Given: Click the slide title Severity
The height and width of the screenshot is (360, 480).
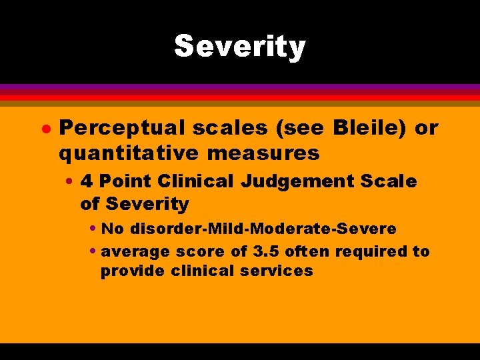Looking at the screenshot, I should tap(239, 47).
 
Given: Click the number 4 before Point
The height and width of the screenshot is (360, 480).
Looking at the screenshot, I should tap(87, 181).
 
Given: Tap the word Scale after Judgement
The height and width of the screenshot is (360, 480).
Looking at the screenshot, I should tap(392, 181).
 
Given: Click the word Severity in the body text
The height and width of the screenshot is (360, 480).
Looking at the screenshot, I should tap(147, 204).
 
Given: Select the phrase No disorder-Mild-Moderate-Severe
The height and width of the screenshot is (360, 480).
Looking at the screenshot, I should tap(249, 229).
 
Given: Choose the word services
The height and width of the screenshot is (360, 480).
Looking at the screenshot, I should tap(281, 271).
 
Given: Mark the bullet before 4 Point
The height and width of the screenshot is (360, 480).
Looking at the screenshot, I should tap(69, 181).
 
